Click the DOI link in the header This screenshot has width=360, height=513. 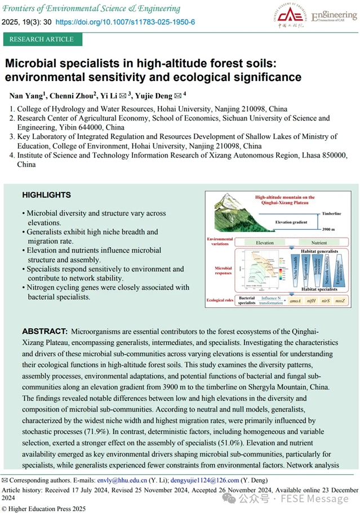(x=125, y=21)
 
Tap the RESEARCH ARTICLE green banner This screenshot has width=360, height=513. (x=42, y=39)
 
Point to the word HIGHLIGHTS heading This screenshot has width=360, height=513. (x=46, y=195)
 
